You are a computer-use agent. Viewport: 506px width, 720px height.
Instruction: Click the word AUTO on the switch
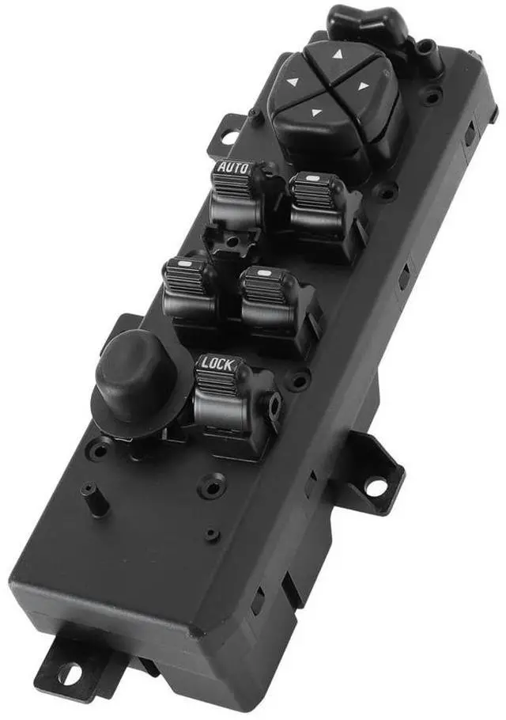coord(232,168)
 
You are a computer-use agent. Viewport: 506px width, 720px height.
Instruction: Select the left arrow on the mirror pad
coord(293,82)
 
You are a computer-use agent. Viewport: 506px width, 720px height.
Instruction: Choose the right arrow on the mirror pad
coord(364,85)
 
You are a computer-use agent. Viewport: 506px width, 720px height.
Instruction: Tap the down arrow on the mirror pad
coord(315,112)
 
